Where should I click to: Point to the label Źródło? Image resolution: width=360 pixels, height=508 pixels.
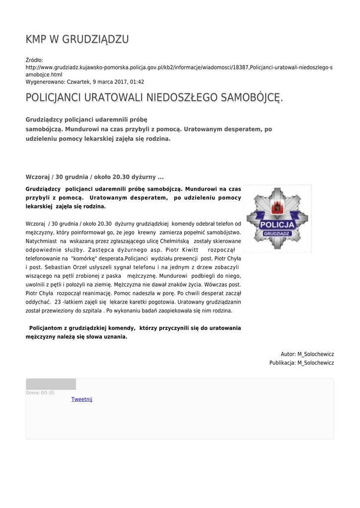click(x=34, y=60)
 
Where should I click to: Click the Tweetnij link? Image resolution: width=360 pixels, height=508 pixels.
click(x=81, y=399)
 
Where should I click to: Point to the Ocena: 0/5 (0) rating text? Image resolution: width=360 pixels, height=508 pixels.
click(x=40, y=393)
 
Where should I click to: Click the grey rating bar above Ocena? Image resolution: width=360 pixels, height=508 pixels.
click(x=51, y=384)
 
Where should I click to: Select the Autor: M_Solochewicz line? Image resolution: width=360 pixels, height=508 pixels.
click(x=307, y=354)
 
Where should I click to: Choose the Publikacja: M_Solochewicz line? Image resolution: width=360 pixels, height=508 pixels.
click(x=301, y=363)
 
